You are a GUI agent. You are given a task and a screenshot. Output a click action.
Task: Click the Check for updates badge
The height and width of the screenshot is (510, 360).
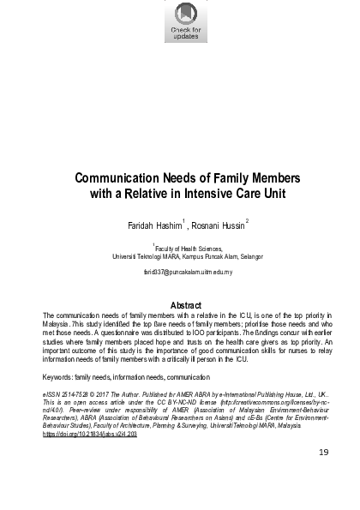[x=185, y=21]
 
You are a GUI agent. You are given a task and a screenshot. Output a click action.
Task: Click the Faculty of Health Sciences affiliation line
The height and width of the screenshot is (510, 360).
[x=186, y=246]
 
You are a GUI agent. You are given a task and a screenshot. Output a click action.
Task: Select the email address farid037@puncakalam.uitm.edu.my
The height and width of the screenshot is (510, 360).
[x=186, y=272]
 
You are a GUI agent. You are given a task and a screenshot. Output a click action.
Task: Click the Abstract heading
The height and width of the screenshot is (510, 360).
[x=186, y=305]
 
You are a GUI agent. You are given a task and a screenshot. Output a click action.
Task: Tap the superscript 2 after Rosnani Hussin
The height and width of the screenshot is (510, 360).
[x=247, y=221]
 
